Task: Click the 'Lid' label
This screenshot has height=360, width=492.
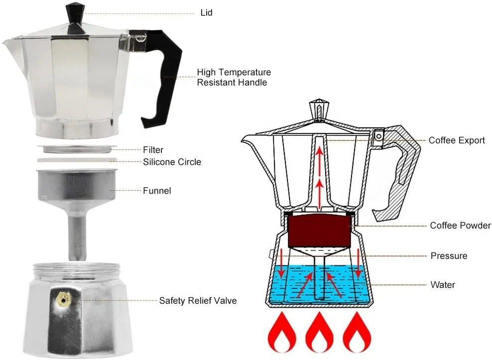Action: [x=206, y=12]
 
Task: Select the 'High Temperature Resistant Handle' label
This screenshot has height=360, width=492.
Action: [x=234, y=78]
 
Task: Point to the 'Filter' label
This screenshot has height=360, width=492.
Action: [x=153, y=150]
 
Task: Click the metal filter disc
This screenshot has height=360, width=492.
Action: [x=77, y=149]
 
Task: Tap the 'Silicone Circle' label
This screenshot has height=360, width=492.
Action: [x=172, y=162]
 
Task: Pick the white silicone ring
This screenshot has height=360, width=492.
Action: [x=75, y=160]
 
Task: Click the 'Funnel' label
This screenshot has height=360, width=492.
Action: [x=157, y=191]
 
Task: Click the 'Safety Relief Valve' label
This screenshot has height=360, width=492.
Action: [x=198, y=301]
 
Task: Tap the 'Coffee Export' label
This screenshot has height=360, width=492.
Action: [x=457, y=140]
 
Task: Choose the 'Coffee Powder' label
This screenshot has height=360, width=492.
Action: [x=460, y=226]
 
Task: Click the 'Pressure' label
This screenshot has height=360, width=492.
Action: [x=449, y=256]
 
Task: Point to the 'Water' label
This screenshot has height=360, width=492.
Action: [x=443, y=285]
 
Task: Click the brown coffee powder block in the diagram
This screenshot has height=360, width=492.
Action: [x=319, y=230]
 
